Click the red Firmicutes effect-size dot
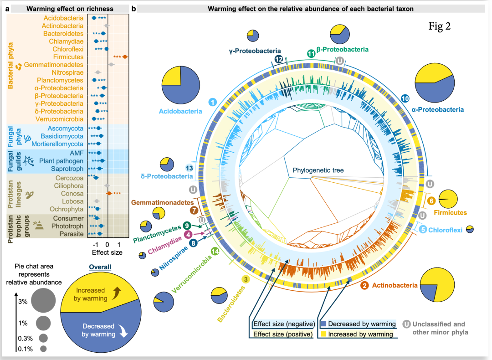tap(125, 57)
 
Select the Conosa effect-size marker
tap(109, 193)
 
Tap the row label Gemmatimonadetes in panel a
tap(54, 65)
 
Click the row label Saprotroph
tap(67, 169)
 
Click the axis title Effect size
tap(107, 252)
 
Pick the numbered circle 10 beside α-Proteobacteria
tap(405, 98)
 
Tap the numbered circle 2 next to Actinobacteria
tap(364, 286)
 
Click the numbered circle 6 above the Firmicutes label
tap(431, 201)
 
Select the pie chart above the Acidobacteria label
tap(181, 85)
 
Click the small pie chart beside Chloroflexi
tap(470, 229)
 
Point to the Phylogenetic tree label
tap(318, 170)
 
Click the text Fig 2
tap(440, 26)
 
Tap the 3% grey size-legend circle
tap(43, 300)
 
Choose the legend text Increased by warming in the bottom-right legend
tap(360, 334)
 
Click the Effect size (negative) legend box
tap(284, 324)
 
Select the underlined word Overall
tap(100, 267)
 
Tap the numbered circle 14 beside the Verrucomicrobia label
tap(215, 251)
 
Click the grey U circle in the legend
tap(407, 324)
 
